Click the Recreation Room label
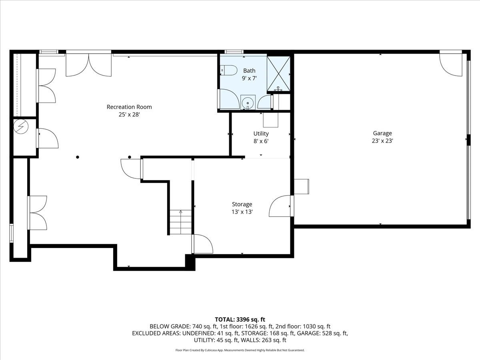(x=129, y=107)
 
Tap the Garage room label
(x=382, y=133)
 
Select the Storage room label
(x=242, y=204)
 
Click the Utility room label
(x=261, y=134)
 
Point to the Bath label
(x=249, y=71)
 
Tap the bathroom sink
(x=248, y=103)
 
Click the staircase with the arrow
(x=181, y=222)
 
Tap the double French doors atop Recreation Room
(x=88, y=64)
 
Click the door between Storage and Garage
(x=281, y=206)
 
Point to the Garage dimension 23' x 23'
(x=382, y=141)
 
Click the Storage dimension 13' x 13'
(x=242, y=212)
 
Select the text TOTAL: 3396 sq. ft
(x=240, y=319)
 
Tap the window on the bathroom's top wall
(x=234, y=52)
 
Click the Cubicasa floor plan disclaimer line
(x=240, y=350)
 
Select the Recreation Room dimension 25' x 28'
(x=129, y=114)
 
